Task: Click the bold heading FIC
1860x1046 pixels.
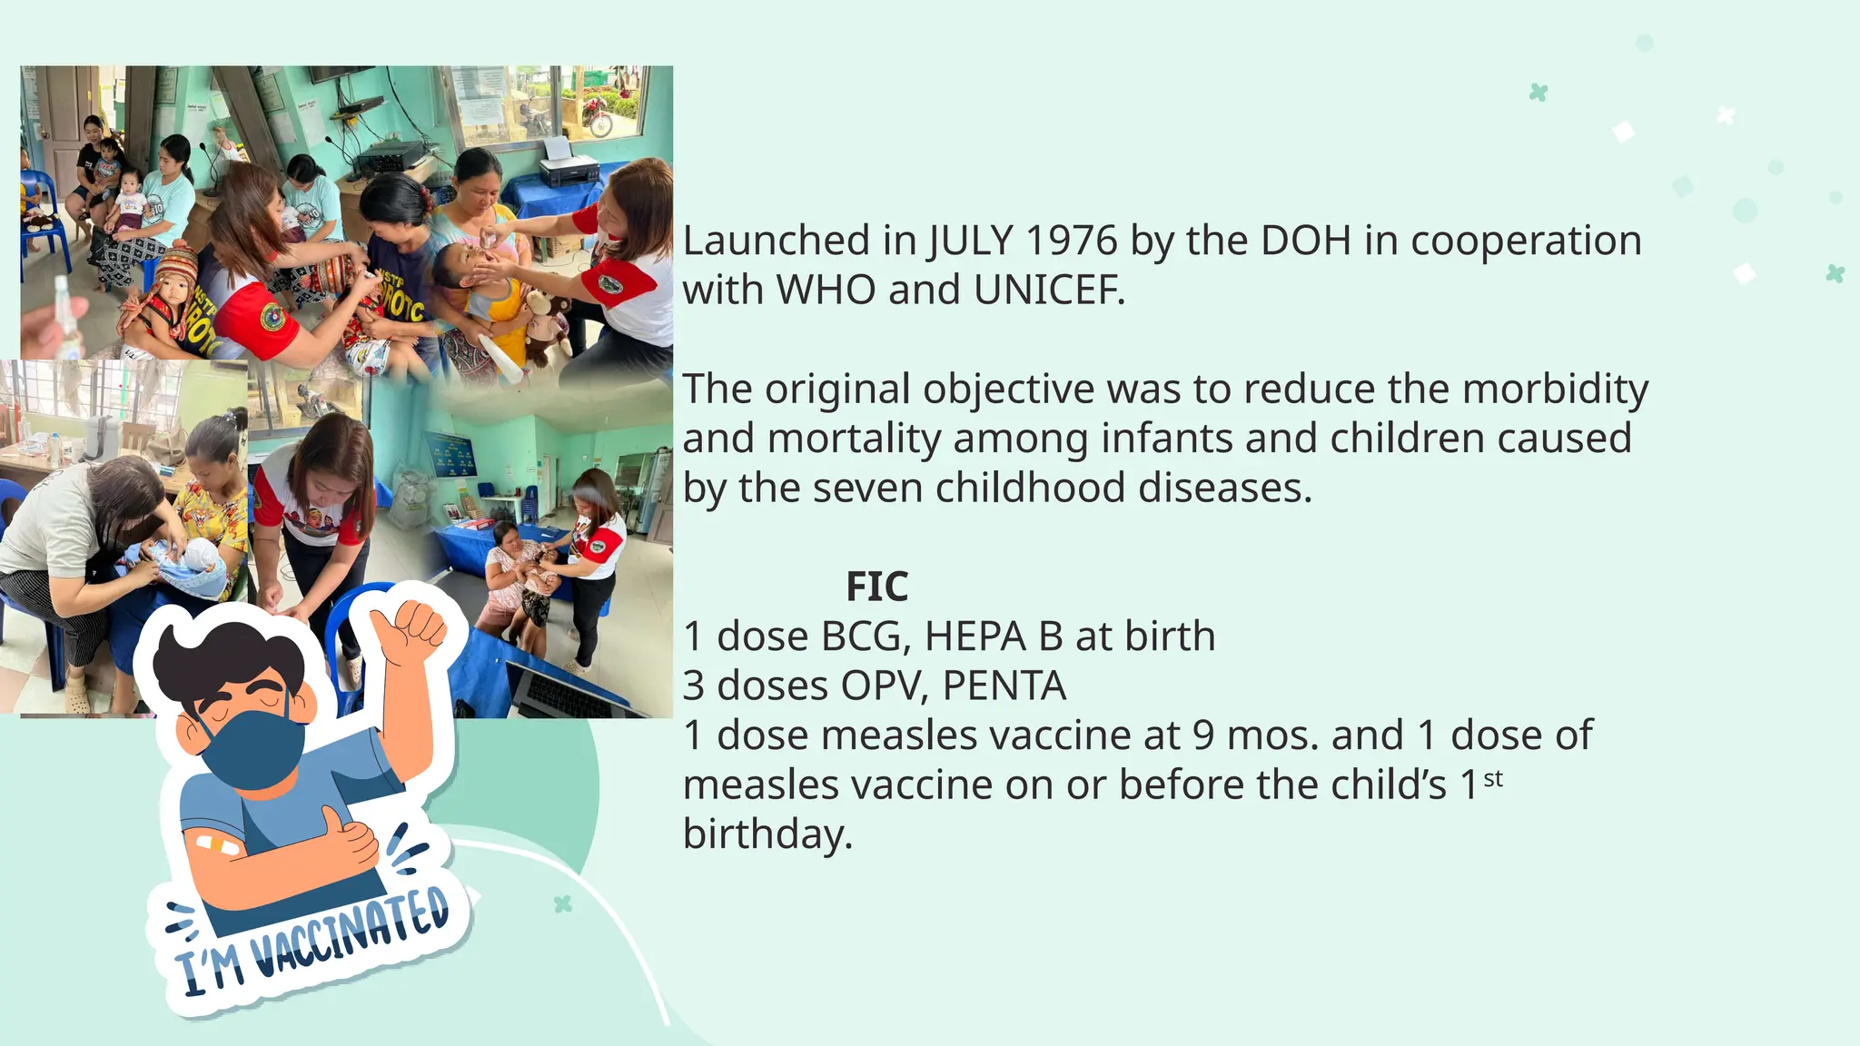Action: coord(876,587)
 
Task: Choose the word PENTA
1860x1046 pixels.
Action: coord(1004,686)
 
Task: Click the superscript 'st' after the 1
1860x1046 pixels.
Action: coord(1493,779)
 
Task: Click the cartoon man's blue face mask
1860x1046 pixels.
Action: coord(253,748)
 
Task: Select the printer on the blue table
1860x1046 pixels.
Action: coord(569,166)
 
